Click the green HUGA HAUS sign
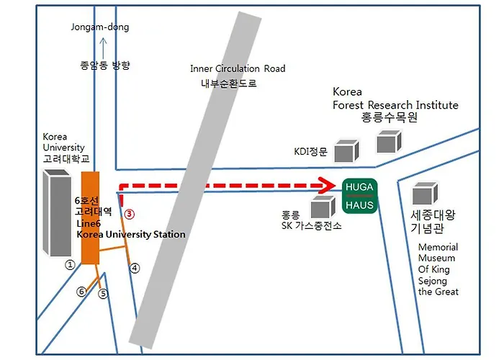(359, 196)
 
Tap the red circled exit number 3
(129, 214)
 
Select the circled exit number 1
(70, 264)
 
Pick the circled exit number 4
(135, 268)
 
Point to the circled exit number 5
(103, 293)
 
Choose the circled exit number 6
(81, 292)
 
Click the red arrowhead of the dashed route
(327, 186)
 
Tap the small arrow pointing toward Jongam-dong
(103, 48)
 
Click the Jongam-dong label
(100, 27)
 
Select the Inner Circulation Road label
(238, 68)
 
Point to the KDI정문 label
(310, 151)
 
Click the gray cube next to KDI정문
(346, 150)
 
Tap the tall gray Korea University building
(57, 212)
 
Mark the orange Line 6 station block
(90, 218)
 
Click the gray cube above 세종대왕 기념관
(425, 193)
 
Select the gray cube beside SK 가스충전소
(323, 207)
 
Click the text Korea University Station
(131, 234)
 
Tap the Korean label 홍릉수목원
(390, 117)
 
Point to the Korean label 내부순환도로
(228, 84)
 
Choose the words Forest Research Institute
(395, 105)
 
